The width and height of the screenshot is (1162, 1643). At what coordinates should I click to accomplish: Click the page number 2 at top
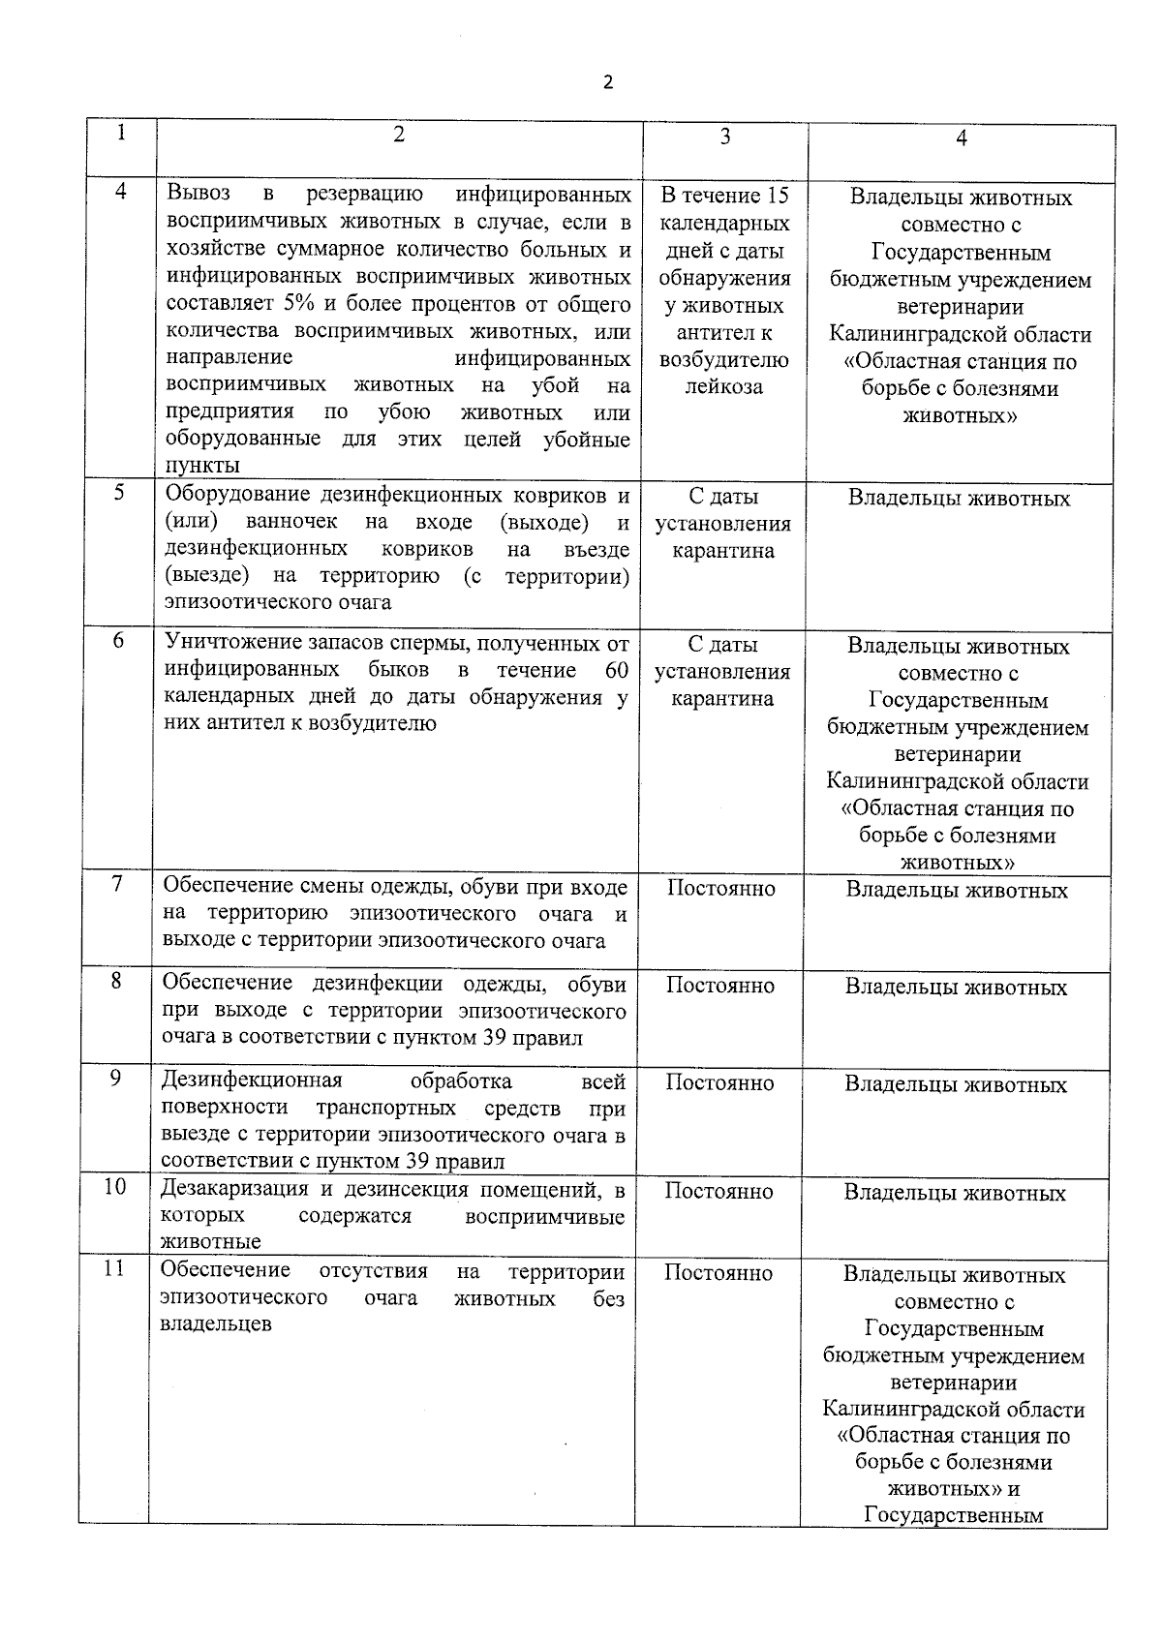click(608, 82)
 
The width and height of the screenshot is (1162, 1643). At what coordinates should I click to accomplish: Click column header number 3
click(724, 137)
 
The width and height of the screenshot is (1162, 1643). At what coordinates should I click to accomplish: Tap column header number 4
click(961, 138)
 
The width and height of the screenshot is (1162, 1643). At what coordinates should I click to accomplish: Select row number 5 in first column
click(119, 492)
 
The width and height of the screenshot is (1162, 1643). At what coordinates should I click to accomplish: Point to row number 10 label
click(115, 1186)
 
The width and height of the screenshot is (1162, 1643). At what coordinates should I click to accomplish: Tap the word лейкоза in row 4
click(723, 387)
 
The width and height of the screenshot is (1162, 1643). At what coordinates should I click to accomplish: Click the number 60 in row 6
click(616, 670)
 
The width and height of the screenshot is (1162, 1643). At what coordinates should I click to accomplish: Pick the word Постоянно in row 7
click(720, 889)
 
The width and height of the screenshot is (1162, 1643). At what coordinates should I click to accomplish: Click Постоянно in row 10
click(719, 1192)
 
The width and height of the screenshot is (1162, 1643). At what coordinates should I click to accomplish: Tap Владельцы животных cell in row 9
click(956, 1084)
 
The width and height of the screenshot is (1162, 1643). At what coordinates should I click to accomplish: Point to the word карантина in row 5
click(723, 551)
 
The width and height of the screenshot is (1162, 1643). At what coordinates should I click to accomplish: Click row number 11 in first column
click(114, 1267)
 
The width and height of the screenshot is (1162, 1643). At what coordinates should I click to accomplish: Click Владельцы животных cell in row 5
click(959, 499)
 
